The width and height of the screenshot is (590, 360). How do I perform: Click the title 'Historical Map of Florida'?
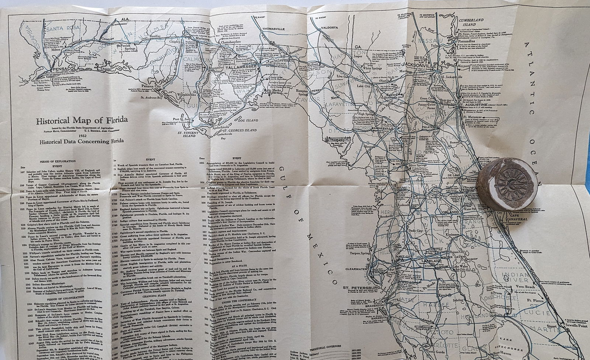[x=82, y=120]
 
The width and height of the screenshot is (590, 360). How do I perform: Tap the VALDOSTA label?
[x=329, y=28]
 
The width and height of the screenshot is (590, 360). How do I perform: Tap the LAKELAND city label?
[x=430, y=261]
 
